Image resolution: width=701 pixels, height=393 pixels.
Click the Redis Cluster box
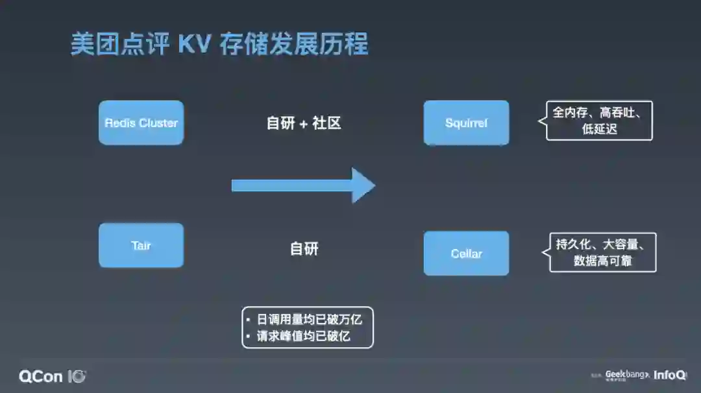(x=141, y=123)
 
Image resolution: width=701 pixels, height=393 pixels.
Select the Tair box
(x=141, y=245)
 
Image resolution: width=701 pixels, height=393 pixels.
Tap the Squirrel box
(x=466, y=123)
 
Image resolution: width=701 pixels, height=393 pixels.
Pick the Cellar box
(x=466, y=253)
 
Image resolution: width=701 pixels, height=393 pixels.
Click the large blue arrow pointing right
(x=303, y=186)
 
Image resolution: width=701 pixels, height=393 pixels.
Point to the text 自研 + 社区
(x=304, y=123)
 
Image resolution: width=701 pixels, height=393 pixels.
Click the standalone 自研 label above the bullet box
(x=304, y=248)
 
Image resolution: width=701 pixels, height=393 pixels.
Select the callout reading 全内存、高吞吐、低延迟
(x=598, y=121)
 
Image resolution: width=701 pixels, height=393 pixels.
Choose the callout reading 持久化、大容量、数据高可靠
(x=602, y=252)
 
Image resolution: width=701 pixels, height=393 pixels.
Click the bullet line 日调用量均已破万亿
(x=308, y=319)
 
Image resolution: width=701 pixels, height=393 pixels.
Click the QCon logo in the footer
(x=52, y=376)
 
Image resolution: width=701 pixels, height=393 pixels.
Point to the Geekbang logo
(x=626, y=375)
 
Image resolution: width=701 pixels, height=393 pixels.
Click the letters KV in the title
(x=195, y=45)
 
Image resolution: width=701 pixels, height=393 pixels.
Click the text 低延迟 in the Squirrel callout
(x=599, y=129)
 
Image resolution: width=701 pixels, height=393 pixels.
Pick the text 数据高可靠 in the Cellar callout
(x=603, y=261)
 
